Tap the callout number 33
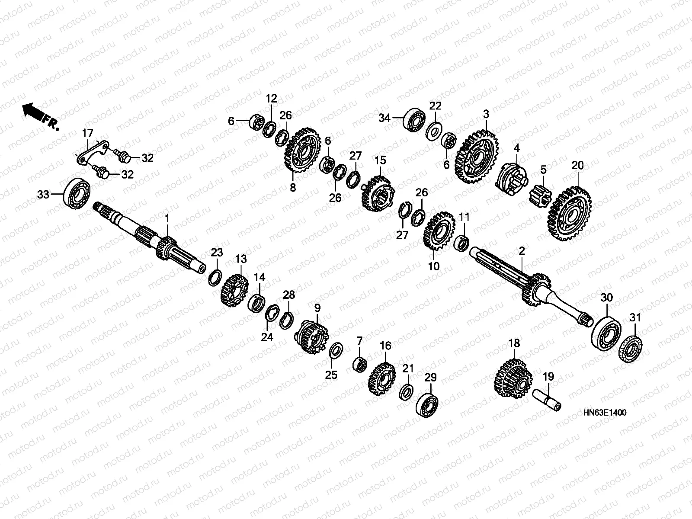point(43,195)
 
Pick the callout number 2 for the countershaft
point(522,250)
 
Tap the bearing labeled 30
point(606,332)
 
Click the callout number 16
point(385,346)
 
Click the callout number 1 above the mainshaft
point(168,218)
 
